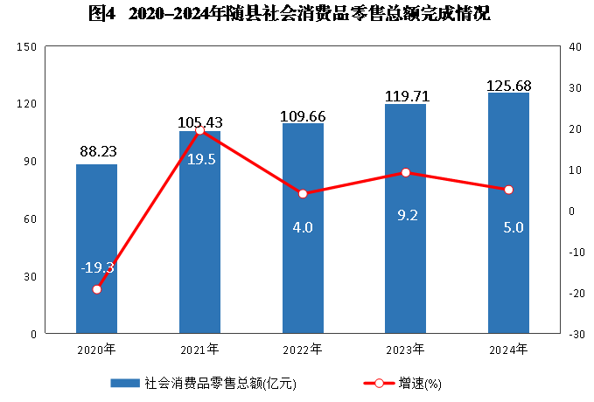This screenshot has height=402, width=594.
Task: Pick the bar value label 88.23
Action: tap(97, 152)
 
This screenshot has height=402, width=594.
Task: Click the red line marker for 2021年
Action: tap(199, 131)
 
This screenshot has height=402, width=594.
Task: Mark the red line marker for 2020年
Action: tap(97, 289)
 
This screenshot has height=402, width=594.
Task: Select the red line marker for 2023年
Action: tap(406, 173)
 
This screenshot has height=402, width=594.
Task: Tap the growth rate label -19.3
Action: tap(97, 267)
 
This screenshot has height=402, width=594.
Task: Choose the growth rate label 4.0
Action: tap(303, 227)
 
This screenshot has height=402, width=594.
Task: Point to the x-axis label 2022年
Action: tap(303, 350)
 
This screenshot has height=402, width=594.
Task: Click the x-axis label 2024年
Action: tap(508, 350)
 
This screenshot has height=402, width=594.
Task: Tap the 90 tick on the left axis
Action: tap(30, 162)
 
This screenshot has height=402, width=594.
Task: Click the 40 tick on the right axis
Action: tap(571, 46)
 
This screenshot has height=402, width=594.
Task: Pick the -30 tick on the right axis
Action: tap(573, 334)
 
